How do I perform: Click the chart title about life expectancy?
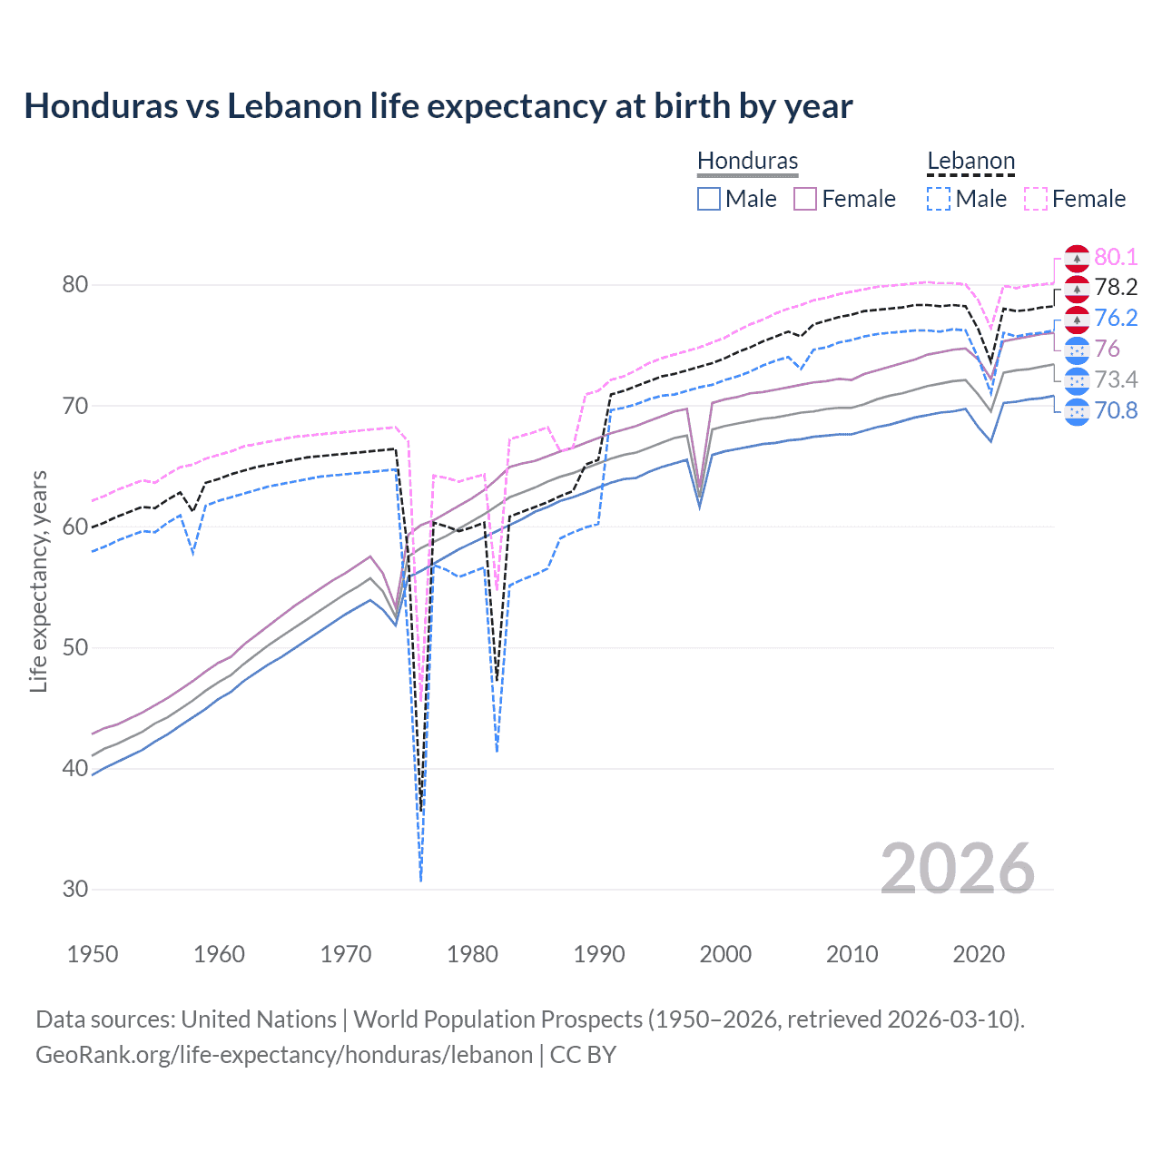(438, 106)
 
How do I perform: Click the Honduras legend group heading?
(747, 161)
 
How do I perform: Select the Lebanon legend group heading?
(970, 161)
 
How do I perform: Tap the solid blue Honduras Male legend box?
(709, 199)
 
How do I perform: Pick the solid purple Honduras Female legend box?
(805, 199)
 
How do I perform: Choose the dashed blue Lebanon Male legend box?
(939, 199)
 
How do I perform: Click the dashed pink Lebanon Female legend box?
(1036, 199)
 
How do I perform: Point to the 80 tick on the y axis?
(75, 284)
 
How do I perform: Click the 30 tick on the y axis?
(75, 889)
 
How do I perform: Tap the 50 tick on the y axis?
(75, 647)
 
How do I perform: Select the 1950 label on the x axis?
(93, 954)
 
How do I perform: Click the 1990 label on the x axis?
(599, 954)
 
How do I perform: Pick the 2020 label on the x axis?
(979, 954)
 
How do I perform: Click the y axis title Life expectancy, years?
(38, 581)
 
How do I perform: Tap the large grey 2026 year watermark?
(957, 869)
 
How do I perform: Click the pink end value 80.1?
(1116, 257)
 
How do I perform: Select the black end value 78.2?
(1116, 288)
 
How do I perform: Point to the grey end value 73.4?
(1116, 379)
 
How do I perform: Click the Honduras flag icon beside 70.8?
(1077, 411)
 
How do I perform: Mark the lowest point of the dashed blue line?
(421, 881)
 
